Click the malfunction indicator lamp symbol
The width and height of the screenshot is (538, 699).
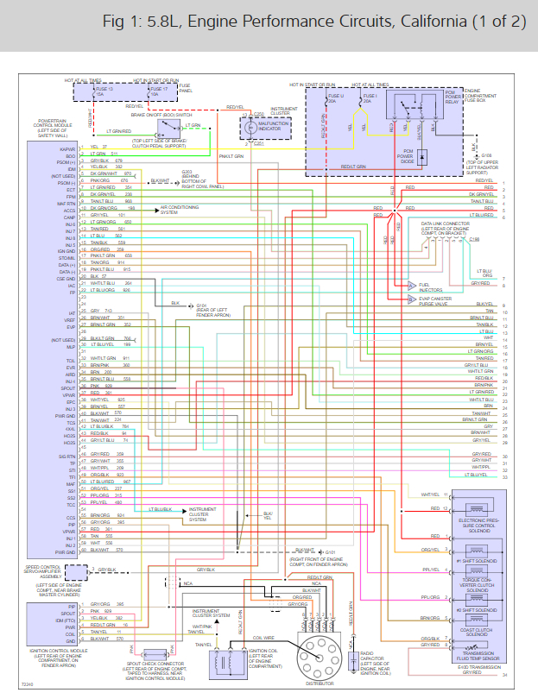click(259, 128)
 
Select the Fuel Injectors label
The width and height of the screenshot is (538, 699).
click(430, 286)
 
